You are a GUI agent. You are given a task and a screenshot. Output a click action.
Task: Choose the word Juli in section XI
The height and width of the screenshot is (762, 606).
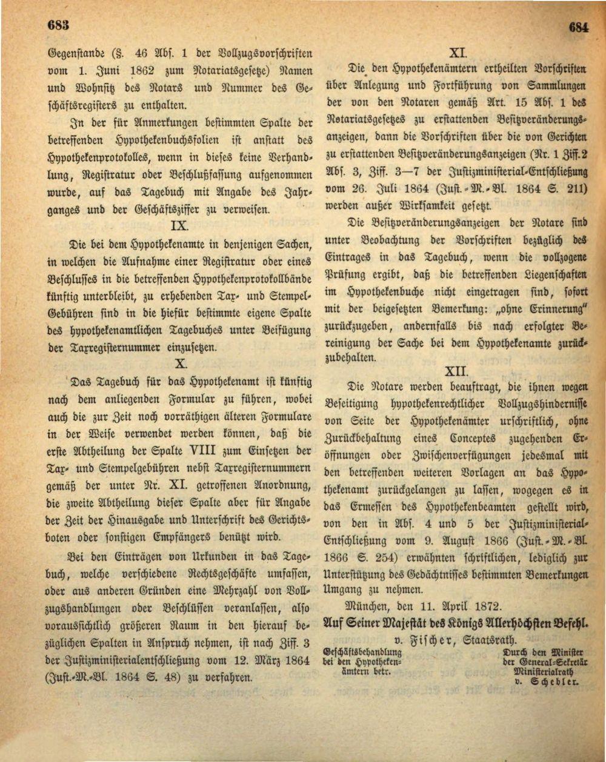click(x=388, y=188)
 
